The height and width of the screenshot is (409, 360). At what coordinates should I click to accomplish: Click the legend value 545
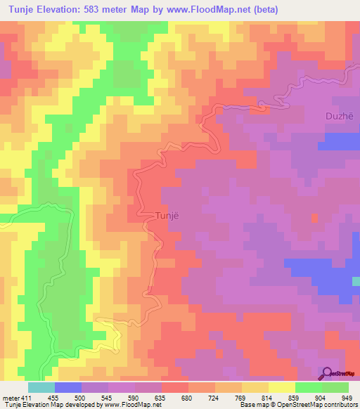pos(122,397)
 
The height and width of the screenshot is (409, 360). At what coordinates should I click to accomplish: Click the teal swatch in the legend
pos(41,387)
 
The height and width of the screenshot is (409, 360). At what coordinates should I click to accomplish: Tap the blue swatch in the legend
pos(68,387)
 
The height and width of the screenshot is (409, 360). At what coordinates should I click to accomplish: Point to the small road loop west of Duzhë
pos(262,106)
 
